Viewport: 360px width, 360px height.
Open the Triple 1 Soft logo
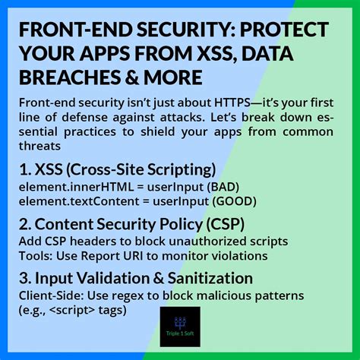[180, 329]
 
